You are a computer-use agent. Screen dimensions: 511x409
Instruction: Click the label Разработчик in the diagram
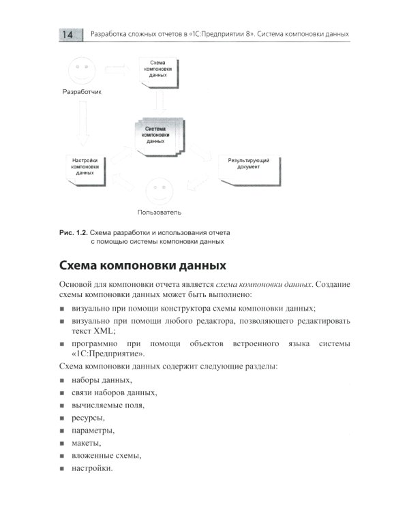click(81, 93)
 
